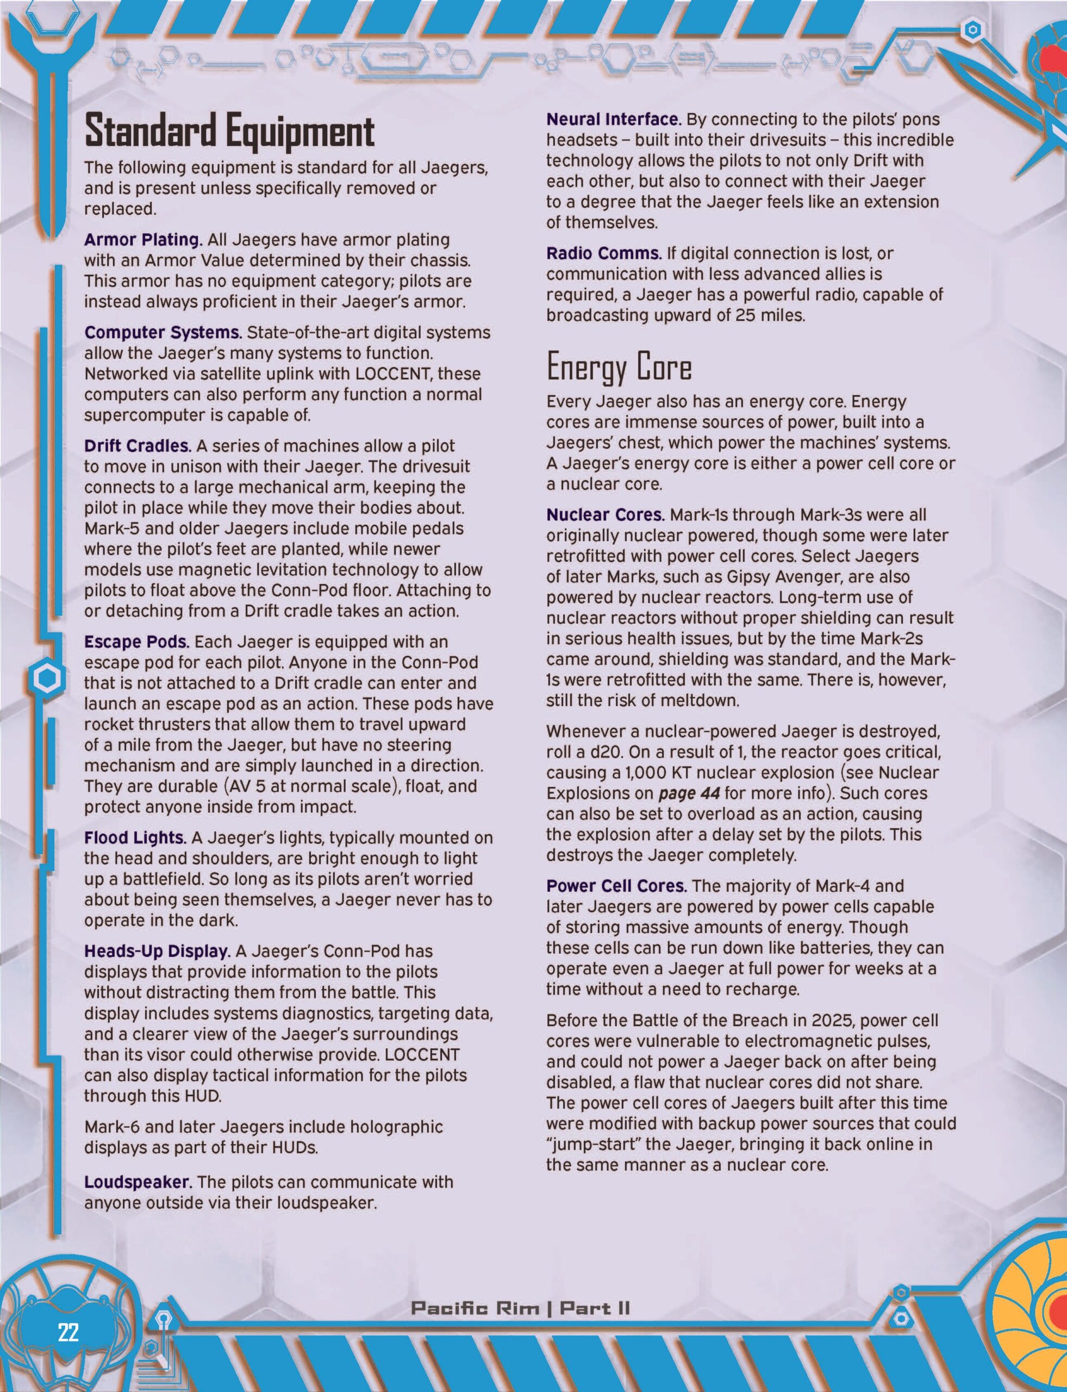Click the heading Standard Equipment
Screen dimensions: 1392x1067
pyautogui.click(x=229, y=132)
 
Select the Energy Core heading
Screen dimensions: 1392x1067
pyautogui.click(x=619, y=367)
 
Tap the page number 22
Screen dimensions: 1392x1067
pyautogui.click(x=68, y=1331)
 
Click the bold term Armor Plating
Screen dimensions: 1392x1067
pyautogui.click(x=143, y=239)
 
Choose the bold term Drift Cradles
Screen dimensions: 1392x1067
pyautogui.click(x=137, y=445)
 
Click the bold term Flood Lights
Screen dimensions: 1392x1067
pyautogui.click(x=135, y=837)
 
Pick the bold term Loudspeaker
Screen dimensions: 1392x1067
pyautogui.click(x=137, y=1182)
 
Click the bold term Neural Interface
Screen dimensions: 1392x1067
pyautogui.click(x=614, y=120)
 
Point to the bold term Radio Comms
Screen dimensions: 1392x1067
pyautogui.click(x=603, y=253)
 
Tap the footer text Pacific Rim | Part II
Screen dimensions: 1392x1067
pyautogui.click(x=520, y=1308)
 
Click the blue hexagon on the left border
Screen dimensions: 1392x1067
pyautogui.click(x=47, y=679)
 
